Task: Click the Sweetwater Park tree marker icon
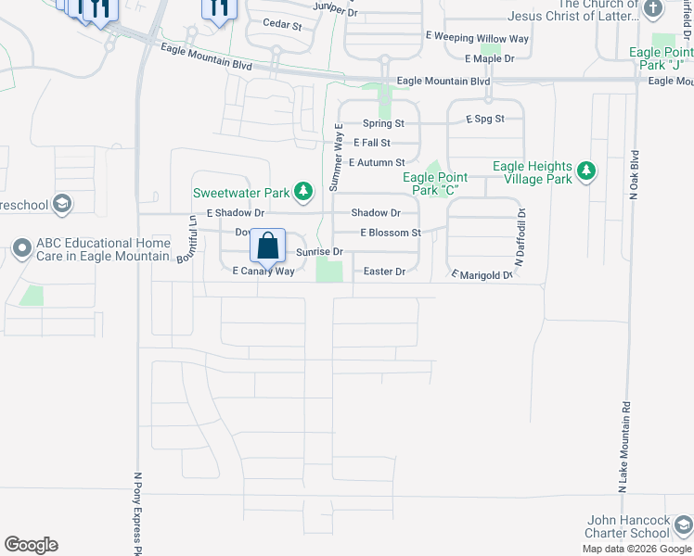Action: tap(302, 193)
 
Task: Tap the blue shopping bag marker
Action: tap(267, 246)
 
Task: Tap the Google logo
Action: tap(31, 545)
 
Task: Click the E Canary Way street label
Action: tap(263, 272)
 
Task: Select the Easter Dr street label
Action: tap(384, 272)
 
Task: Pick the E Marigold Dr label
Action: tap(482, 275)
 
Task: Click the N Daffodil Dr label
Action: tap(520, 239)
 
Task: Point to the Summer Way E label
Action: tap(339, 157)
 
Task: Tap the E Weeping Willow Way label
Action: tap(477, 38)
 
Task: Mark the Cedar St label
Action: tap(282, 25)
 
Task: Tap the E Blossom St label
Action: tap(391, 233)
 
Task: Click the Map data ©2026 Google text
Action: tap(636, 549)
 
